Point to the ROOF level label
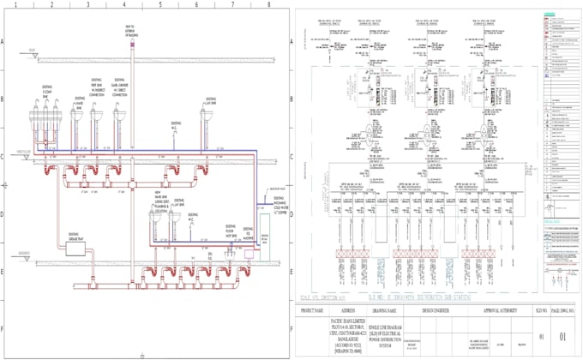[31, 51]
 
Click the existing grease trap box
[69, 244]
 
